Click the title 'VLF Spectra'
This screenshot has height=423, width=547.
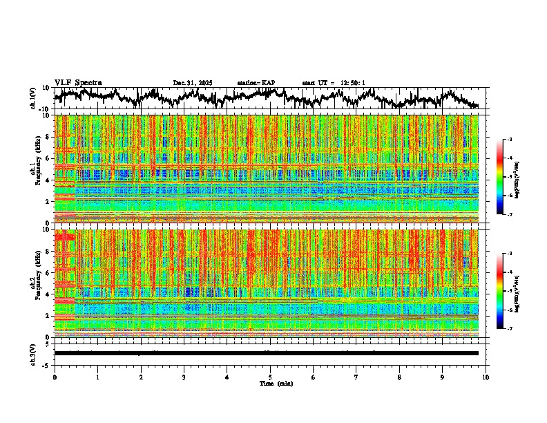click(78, 82)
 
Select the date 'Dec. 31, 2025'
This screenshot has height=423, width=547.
click(193, 83)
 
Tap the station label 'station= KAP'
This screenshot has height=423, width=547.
click(256, 83)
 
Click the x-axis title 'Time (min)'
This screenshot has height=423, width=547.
click(276, 383)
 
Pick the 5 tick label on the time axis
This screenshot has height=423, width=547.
click(270, 377)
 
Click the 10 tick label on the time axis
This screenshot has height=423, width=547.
click(486, 377)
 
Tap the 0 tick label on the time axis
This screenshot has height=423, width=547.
click(55, 377)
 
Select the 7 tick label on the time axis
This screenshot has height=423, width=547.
click(356, 377)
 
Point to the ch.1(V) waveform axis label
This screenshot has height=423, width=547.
click(32, 99)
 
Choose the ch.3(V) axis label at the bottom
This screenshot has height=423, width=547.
click(32, 353)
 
